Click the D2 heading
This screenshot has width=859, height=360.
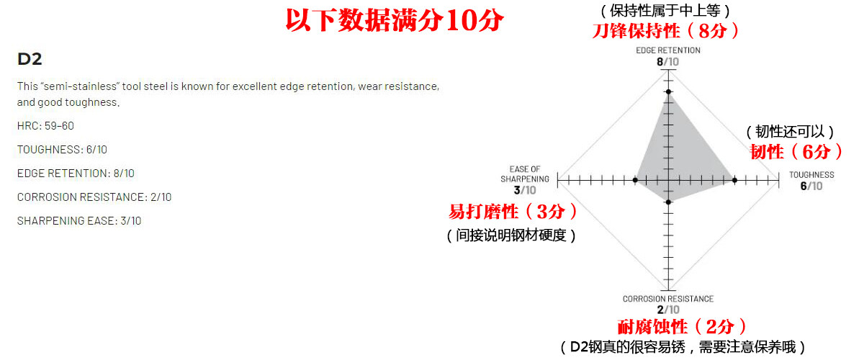[30, 60]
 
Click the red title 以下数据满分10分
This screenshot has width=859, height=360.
[394, 21]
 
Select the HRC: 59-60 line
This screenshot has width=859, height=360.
[45, 125]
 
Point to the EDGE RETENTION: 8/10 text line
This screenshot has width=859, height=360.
[76, 173]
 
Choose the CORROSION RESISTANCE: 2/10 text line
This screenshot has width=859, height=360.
[94, 197]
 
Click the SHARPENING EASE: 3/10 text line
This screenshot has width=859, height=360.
[79, 220]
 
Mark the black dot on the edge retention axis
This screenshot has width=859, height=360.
[668, 91]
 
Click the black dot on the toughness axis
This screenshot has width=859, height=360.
[734, 179]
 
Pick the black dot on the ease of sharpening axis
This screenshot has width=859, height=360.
[636, 179]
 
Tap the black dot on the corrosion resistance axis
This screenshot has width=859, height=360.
[668, 202]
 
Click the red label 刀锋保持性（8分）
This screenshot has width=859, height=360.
[665, 30]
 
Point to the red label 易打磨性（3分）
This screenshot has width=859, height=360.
[513, 212]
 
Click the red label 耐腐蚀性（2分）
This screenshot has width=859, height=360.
[682, 326]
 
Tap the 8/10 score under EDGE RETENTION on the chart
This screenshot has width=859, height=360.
[667, 62]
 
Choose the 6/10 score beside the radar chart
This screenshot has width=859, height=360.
[811, 186]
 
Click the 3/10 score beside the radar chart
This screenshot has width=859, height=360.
[525, 190]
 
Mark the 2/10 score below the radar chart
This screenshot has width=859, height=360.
[667, 310]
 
